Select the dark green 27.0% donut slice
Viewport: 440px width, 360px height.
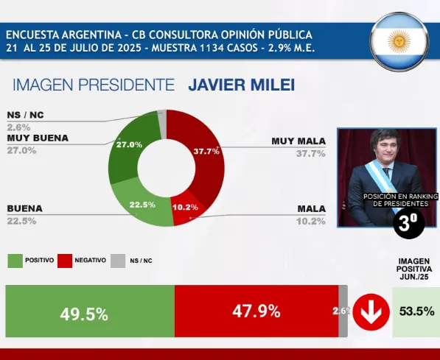(x=129, y=147)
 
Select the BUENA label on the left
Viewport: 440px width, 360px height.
(x=24, y=208)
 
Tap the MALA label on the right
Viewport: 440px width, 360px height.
(x=311, y=208)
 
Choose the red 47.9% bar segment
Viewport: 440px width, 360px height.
(x=256, y=311)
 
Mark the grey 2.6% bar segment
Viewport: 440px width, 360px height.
(x=342, y=311)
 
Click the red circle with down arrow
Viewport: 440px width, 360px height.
(x=371, y=312)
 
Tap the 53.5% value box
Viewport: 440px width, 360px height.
(x=416, y=311)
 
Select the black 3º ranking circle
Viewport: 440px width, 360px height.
(x=408, y=224)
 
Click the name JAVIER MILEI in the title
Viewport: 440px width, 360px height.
(x=241, y=85)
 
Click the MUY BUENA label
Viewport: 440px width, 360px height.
(x=38, y=138)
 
